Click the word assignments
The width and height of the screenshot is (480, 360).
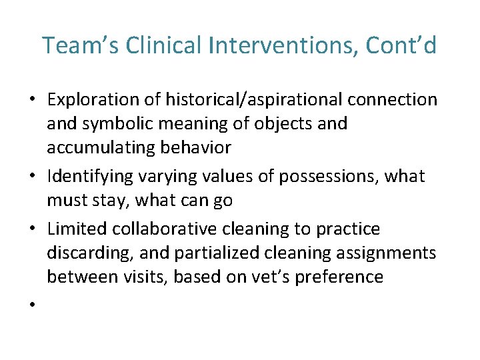coord(390,253)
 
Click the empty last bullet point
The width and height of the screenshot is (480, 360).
coord(31,305)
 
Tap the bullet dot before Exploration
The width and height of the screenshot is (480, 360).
coord(31,101)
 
